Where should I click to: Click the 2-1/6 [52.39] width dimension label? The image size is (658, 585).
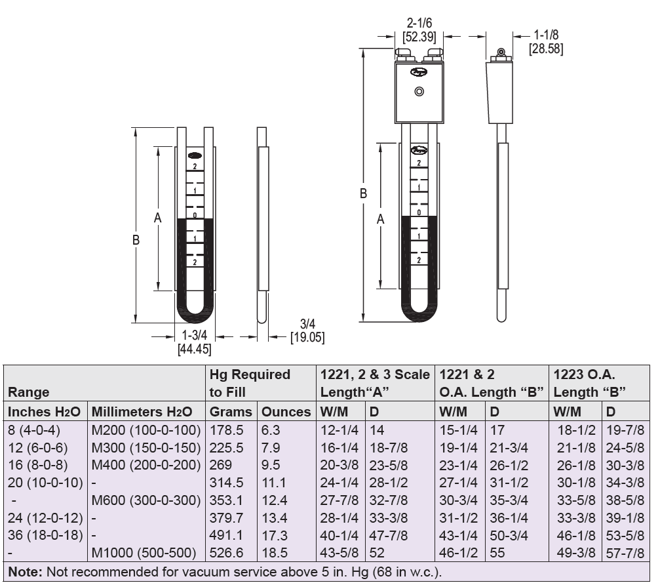419,30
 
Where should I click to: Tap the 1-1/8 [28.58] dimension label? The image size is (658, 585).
545,41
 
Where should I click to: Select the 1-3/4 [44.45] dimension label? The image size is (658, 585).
194,342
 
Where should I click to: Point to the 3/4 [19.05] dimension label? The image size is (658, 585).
307,331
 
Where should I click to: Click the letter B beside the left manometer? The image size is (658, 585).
136,240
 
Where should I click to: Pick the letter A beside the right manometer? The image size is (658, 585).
381,219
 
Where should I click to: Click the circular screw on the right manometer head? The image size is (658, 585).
419,92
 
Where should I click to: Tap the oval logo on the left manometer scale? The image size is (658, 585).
195,155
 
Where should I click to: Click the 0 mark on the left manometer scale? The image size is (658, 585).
195,215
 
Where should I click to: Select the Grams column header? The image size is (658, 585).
231,412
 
